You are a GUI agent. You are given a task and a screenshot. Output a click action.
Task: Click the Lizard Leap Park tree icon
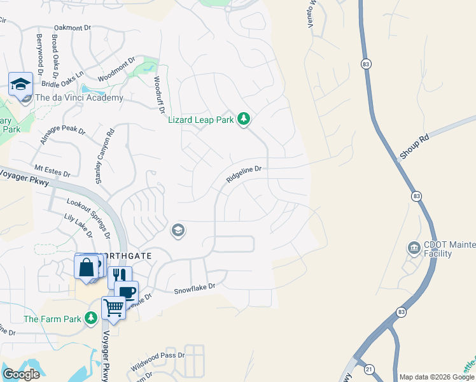[243, 119]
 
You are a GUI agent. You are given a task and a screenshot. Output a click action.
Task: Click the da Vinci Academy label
[79, 97]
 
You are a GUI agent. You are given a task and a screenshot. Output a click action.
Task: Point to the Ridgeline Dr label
[244, 174]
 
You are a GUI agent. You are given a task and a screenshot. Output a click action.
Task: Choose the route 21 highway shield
[368, 369]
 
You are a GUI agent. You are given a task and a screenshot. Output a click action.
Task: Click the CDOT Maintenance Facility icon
[414, 247]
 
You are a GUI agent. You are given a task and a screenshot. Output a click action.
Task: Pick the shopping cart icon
[113, 308]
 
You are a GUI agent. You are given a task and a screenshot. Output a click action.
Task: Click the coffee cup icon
[127, 292]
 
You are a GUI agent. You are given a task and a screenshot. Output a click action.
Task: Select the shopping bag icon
[86, 267]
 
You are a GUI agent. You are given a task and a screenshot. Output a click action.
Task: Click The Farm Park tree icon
[92, 318]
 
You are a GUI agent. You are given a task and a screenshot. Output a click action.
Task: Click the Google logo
[21, 374]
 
